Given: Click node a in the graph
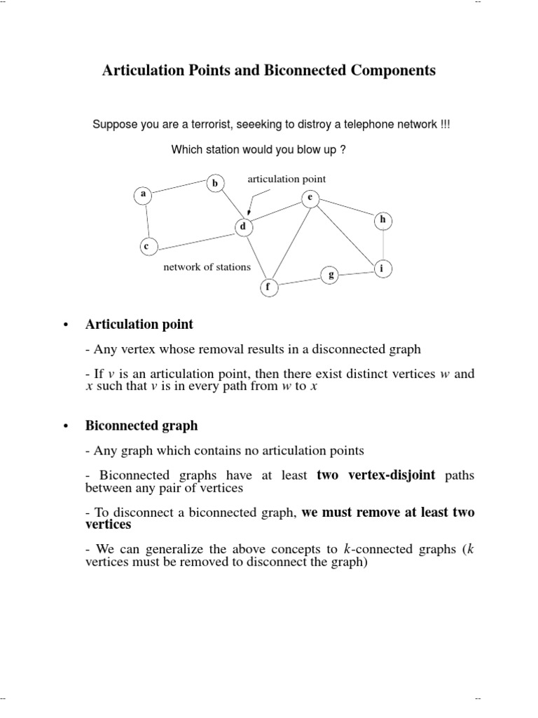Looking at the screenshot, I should click(144, 194).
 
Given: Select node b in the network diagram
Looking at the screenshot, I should click(216, 184).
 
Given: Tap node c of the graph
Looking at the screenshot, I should click(147, 246).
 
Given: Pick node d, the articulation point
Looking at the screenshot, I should click(243, 226).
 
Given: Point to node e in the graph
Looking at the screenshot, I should click(309, 198).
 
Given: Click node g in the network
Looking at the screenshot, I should click(330, 275).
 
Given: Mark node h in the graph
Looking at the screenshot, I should click(382, 220).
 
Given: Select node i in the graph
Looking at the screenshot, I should click(382, 269).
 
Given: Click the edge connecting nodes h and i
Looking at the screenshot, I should click(382, 245).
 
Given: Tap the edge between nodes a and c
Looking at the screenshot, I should click(146, 220).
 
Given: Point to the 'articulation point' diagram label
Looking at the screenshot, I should click(287, 179).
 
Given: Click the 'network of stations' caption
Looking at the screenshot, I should click(207, 267).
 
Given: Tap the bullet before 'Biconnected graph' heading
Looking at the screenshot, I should click(65, 426).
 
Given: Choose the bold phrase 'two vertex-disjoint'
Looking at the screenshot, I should click(376, 475).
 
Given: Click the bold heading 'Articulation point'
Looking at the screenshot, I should click(139, 325).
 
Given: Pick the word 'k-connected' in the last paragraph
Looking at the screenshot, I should click(375, 549).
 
